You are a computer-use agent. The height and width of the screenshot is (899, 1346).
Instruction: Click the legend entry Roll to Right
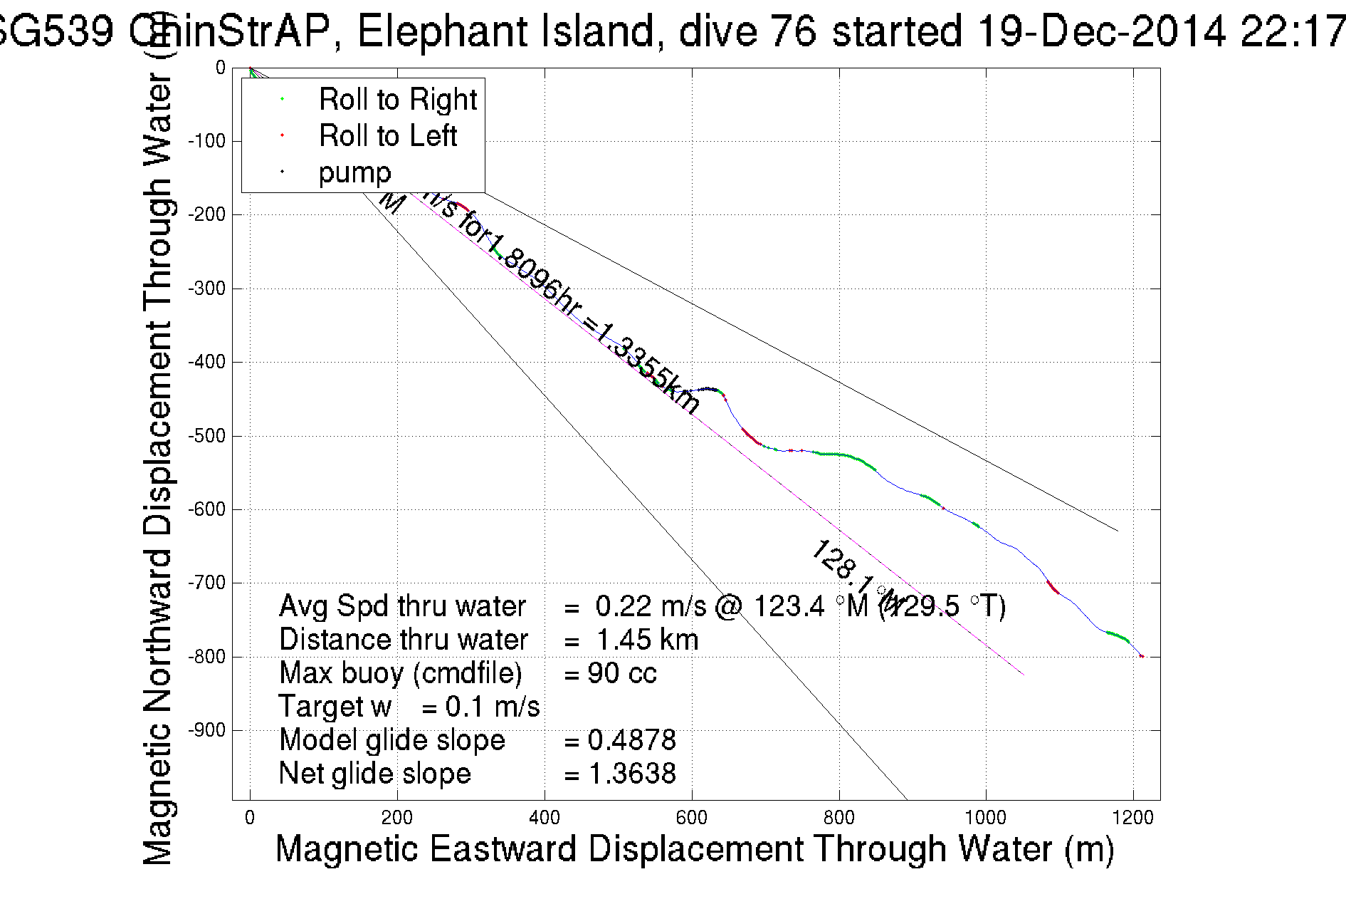click(x=397, y=100)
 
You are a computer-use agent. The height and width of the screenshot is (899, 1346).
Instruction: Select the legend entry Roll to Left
click(x=387, y=136)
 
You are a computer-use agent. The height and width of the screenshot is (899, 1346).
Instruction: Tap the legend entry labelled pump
click(x=354, y=172)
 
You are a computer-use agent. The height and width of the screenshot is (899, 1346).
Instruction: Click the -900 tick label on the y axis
click(x=206, y=730)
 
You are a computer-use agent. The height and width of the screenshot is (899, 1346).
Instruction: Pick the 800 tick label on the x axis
click(x=838, y=818)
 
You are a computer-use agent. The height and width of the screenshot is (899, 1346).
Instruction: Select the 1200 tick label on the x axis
click(x=1133, y=818)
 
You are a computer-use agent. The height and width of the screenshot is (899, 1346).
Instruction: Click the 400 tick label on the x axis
click(x=545, y=818)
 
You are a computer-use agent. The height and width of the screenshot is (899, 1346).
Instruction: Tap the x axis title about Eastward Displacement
click(x=695, y=849)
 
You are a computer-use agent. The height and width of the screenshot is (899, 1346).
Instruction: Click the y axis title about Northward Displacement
click(x=158, y=470)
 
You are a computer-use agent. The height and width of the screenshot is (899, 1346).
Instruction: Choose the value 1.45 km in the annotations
click(x=647, y=640)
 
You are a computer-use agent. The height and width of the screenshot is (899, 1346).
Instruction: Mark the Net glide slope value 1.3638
click(x=632, y=774)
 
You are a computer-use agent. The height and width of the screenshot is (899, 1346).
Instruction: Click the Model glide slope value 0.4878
click(x=632, y=740)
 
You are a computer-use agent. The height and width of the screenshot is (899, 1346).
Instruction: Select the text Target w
click(x=335, y=707)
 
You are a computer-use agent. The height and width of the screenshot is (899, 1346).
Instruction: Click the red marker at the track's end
click(x=1141, y=656)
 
